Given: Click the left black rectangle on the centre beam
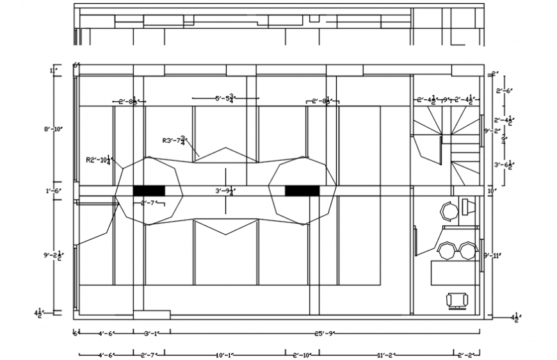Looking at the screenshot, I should tap(149, 190).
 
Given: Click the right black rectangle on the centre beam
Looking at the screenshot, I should tap(302, 190).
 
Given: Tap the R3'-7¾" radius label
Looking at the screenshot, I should tap(174, 140).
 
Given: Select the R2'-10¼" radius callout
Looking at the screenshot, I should tap(100, 160).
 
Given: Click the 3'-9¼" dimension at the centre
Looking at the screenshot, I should tap(225, 190).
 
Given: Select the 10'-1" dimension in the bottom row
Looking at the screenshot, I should tap(225, 354).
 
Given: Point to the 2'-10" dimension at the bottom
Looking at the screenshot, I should tap(302, 354).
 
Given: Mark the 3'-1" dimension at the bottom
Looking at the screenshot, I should tap(152, 333).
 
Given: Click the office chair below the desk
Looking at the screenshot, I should tap(457, 299).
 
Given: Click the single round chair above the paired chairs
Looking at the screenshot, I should tap(448, 210).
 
